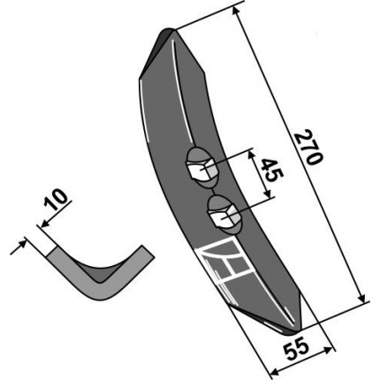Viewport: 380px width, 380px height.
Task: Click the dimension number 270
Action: pyautogui.click(x=308, y=147)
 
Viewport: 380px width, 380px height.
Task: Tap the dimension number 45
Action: pyautogui.click(x=272, y=171)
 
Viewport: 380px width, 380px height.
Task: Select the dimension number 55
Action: pyautogui.click(x=296, y=351)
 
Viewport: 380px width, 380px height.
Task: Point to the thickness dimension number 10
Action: pyautogui.click(x=56, y=200)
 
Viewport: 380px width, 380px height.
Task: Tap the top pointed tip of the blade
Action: pyautogui.click(x=168, y=30)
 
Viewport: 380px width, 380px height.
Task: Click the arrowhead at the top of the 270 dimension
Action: pyautogui.click(x=236, y=11)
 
